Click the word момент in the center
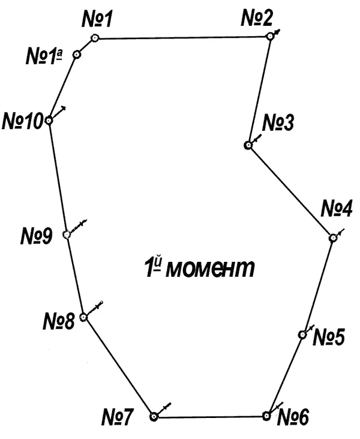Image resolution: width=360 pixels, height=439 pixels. [x=211, y=269]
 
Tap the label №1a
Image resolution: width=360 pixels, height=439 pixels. [x=44, y=56]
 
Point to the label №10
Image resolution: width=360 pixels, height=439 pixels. [x=23, y=121]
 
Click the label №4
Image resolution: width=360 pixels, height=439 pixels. [x=336, y=208]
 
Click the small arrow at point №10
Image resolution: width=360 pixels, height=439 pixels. [x=59, y=112]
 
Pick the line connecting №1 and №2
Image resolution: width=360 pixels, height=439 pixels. [x=182, y=37]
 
